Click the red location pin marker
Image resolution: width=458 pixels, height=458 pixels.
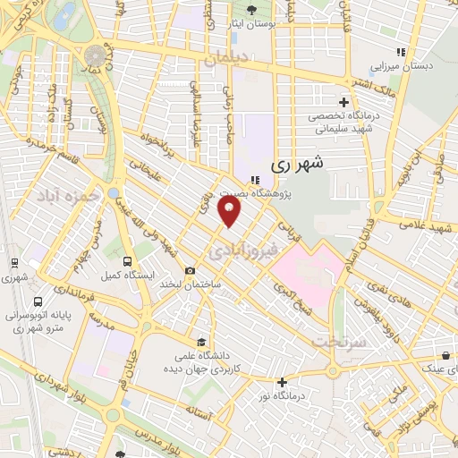[230, 212]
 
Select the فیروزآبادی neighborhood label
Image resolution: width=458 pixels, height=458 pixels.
[243, 250]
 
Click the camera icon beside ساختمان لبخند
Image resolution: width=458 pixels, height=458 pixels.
[190, 271]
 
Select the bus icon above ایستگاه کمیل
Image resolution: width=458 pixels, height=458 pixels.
[126, 260]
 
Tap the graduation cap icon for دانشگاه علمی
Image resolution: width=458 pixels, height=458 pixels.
[202, 343]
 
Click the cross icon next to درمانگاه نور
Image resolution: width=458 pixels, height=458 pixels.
[282, 382]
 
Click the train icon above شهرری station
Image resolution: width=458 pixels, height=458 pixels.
[15, 263]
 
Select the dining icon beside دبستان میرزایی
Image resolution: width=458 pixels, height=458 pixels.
[400, 53]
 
